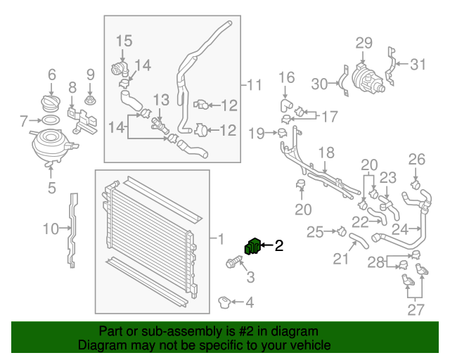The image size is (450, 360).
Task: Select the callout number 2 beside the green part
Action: pyautogui.click(x=278, y=245)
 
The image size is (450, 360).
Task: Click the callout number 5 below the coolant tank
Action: pyautogui.click(x=51, y=188)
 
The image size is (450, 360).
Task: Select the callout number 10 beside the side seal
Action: pyautogui.click(x=49, y=228)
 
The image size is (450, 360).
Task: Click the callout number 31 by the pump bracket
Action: pyautogui.click(x=418, y=65)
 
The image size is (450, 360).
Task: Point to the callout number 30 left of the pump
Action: pyautogui.click(x=320, y=84)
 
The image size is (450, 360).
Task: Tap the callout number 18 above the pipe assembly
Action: pyautogui.click(x=326, y=153)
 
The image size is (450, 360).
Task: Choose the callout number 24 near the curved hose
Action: pyautogui.click(x=400, y=229)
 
